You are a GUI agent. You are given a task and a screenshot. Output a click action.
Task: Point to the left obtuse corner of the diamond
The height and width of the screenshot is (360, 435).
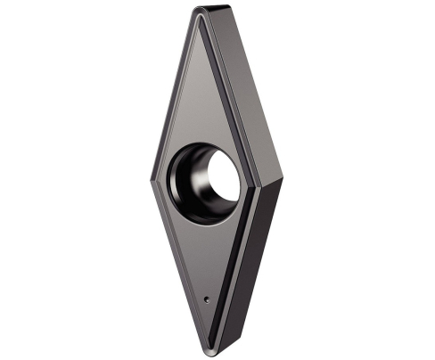[x=152, y=177]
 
